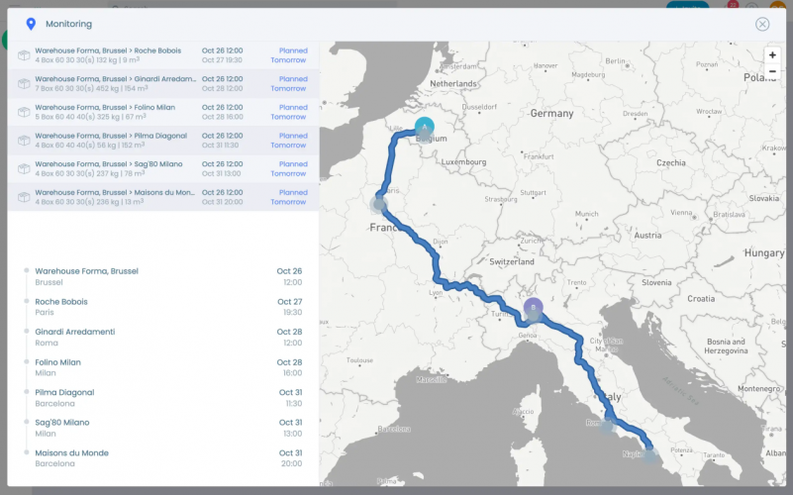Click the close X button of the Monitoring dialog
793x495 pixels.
click(762, 24)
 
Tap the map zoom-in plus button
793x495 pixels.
click(772, 55)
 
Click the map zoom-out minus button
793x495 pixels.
click(772, 71)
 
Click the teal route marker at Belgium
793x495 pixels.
click(425, 128)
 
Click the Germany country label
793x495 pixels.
click(551, 114)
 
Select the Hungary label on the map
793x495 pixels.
click(764, 252)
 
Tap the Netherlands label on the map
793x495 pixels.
click(453, 84)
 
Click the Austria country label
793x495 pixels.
click(648, 235)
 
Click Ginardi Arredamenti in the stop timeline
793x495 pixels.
click(75, 332)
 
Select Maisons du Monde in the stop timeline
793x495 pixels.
click(72, 453)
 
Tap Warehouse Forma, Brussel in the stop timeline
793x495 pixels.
click(86, 271)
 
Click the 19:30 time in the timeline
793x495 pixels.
click(290, 312)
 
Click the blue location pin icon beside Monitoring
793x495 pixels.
click(31, 24)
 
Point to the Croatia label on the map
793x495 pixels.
click(701, 298)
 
